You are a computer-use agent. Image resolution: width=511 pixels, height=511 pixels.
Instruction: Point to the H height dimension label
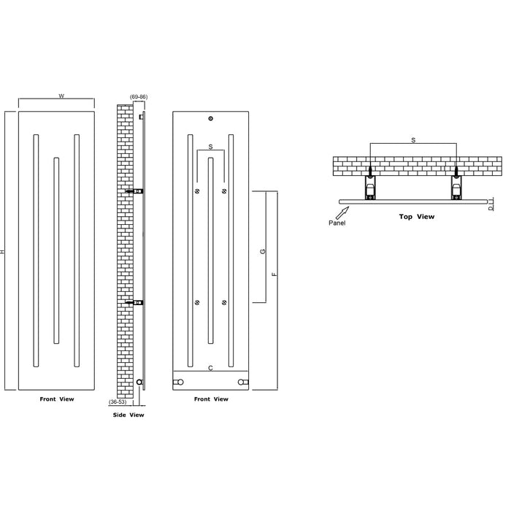[x=4, y=252]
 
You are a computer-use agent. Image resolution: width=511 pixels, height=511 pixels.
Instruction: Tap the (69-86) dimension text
[x=139, y=96]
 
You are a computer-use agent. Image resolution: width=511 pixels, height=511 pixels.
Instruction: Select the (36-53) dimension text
[x=117, y=402]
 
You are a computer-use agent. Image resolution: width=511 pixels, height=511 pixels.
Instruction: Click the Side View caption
[x=128, y=415]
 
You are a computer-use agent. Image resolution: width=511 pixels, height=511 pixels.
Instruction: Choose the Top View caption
[x=416, y=216]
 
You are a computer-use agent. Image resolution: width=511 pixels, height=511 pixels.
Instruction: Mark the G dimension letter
[x=263, y=251]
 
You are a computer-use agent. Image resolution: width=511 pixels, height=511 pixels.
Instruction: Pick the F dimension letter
[x=274, y=275]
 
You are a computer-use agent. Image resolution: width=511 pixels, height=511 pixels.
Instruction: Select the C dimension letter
[x=210, y=368]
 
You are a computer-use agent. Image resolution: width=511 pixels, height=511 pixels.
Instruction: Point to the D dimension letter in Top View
[x=490, y=208]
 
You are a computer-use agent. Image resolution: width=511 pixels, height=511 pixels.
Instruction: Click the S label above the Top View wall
[x=413, y=139]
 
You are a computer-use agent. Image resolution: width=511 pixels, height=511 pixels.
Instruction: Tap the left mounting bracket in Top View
[x=371, y=186]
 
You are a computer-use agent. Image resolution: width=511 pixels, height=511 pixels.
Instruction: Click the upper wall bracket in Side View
[x=135, y=191]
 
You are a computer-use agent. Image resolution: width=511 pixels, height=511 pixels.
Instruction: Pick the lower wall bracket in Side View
[x=135, y=302]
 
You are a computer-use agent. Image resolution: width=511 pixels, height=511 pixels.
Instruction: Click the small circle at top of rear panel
[x=210, y=118]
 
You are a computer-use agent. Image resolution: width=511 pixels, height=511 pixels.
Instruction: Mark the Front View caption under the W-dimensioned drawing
[x=56, y=399]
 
